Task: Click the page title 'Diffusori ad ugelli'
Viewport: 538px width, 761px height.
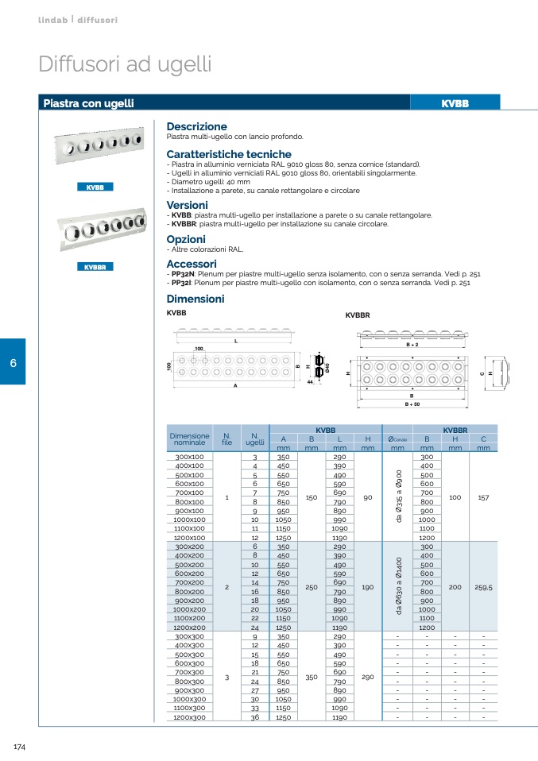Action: [x=125, y=64]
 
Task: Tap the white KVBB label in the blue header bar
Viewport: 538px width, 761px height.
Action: [x=455, y=103]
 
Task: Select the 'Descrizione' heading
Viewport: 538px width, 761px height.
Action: [x=196, y=126]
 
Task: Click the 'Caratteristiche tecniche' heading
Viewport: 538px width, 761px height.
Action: [x=229, y=154]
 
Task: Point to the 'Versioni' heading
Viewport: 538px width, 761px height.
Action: [x=187, y=205]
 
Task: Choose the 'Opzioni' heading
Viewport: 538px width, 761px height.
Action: [x=186, y=239]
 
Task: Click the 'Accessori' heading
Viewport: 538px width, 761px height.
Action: [x=191, y=264]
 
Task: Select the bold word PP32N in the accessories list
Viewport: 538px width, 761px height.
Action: [x=182, y=273]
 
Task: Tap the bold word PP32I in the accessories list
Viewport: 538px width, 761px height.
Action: [x=181, y=282]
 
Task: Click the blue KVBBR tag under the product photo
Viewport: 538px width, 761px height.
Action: [x=95, y=267]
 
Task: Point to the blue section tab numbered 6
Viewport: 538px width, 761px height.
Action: [x=13, y=362]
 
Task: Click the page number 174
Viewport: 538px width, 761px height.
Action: [x=21, y=747]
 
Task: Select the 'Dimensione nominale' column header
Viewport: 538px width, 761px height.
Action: [x=189, y=438]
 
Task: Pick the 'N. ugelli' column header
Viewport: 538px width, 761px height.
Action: [x=255, y=438]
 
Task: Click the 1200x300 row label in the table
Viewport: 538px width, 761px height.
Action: [x=189, y=717]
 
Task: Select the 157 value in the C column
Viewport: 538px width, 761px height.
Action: [x=483, y=498]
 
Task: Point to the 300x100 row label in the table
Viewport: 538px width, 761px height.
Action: [x=189, y=458]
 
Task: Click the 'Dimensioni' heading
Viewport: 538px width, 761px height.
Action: [x=195, y=299]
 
